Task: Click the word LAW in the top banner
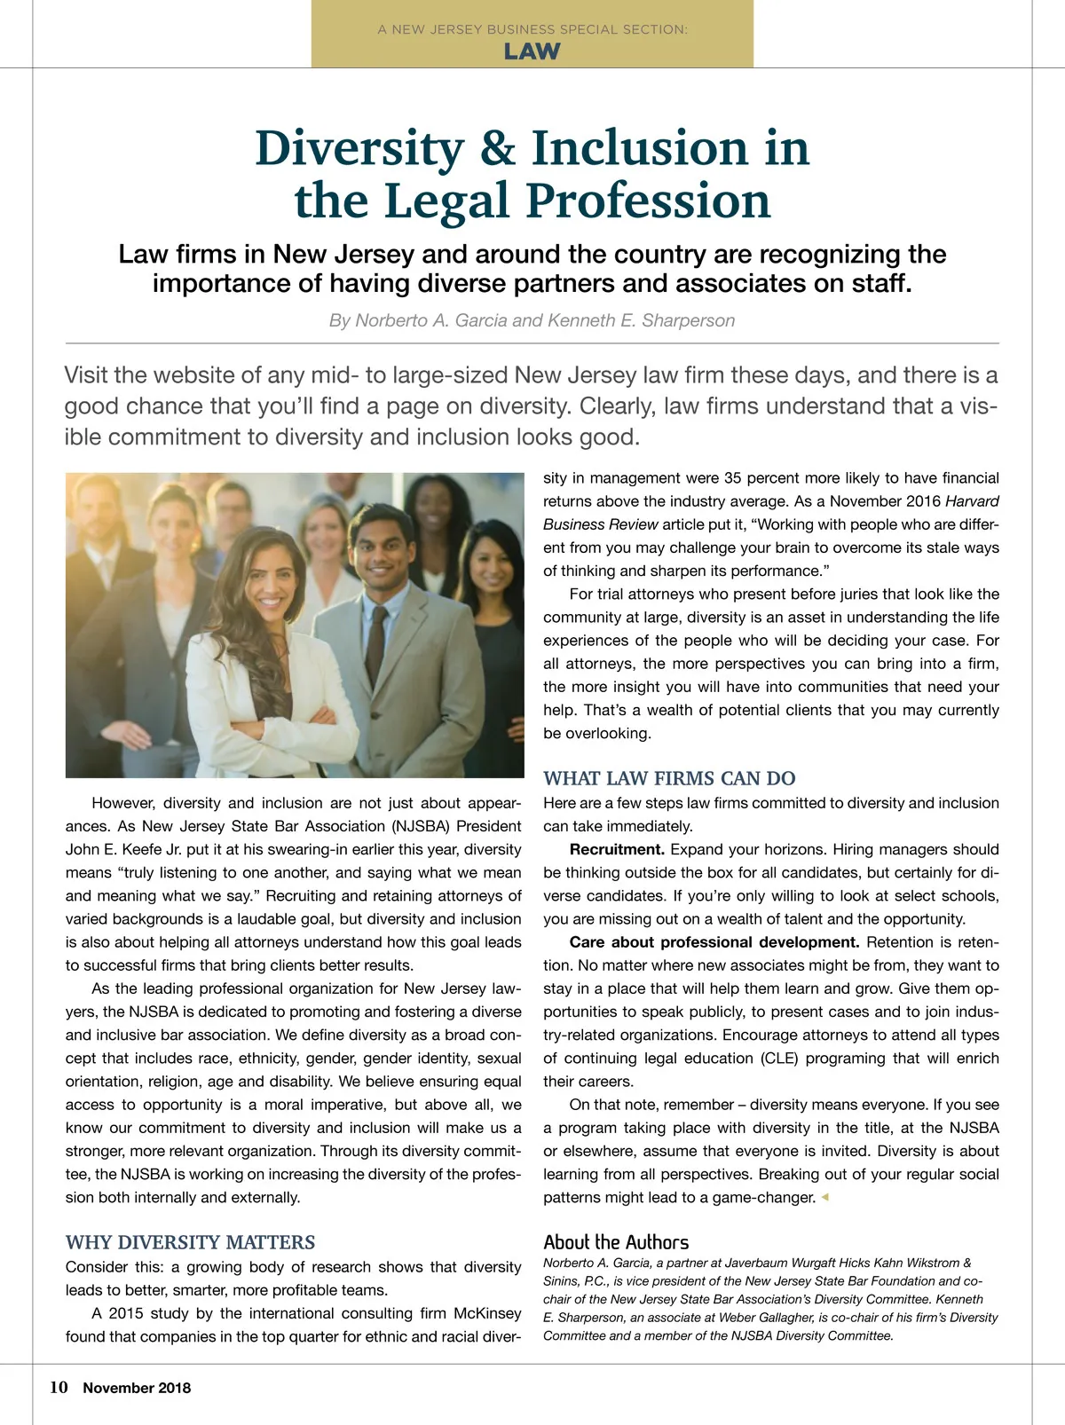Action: (532, 51)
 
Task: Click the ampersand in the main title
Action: (497, 148)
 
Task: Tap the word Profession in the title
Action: (650, 201)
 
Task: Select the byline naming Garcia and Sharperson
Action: (532, 320)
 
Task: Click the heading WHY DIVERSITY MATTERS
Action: (190, 1242)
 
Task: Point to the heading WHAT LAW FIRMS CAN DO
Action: (669, 778)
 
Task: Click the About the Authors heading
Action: (616, 1242)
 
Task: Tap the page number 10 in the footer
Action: (59, 1388)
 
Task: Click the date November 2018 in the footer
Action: (137, 1389)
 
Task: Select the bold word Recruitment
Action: (617, 849)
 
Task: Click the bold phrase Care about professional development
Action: (714, 942)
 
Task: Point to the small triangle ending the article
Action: (824, 1197)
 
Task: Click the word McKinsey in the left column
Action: (487, 1313)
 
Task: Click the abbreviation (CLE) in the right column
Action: (781, 1059)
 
